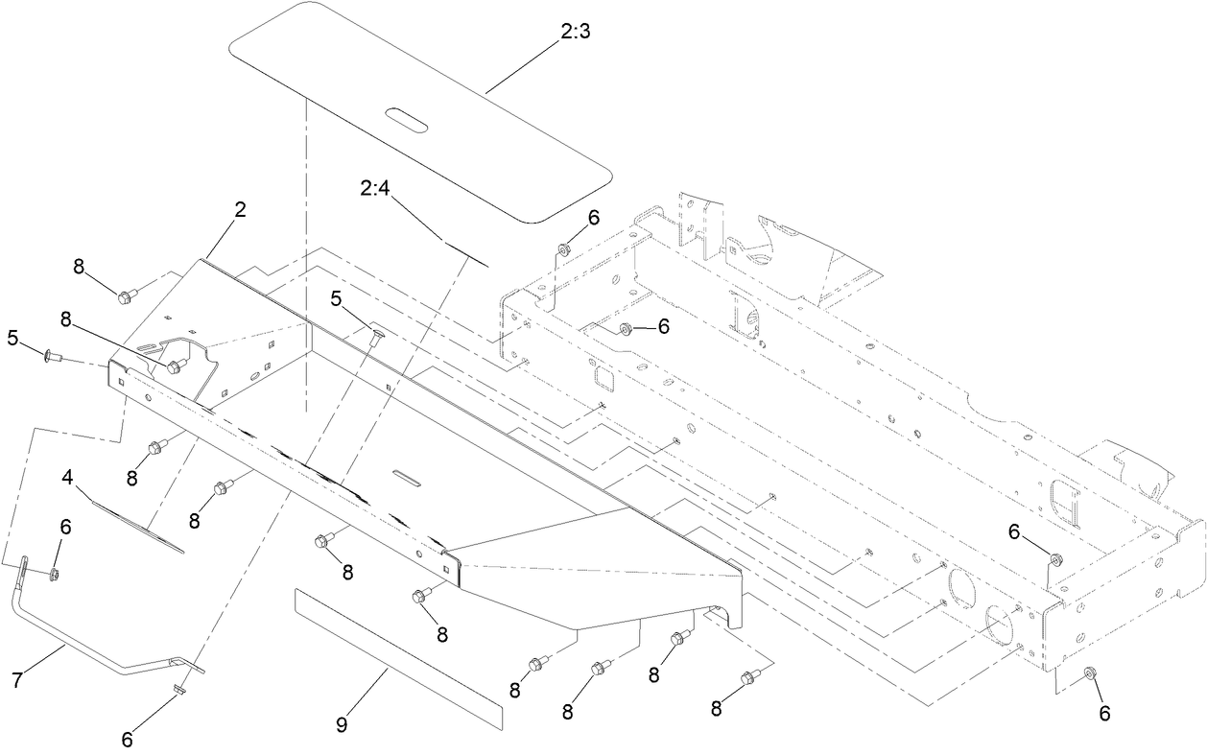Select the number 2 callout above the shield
[x=239, y=210]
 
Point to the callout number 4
[x=68, y=477]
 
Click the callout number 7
[x=16, y=680]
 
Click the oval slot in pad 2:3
[x=407, y=118]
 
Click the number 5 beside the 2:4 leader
[x=336, y=299]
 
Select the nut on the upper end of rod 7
[x=54, y=574]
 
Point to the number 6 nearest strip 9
[x=128, y=740]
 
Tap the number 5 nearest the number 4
[x=12, y=338]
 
